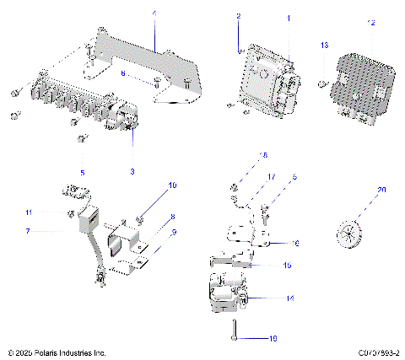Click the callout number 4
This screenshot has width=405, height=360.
[x=154, y=14]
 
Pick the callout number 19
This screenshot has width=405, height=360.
[x=272, y=338]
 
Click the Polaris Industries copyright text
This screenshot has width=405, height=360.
[x=55, y=352]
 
